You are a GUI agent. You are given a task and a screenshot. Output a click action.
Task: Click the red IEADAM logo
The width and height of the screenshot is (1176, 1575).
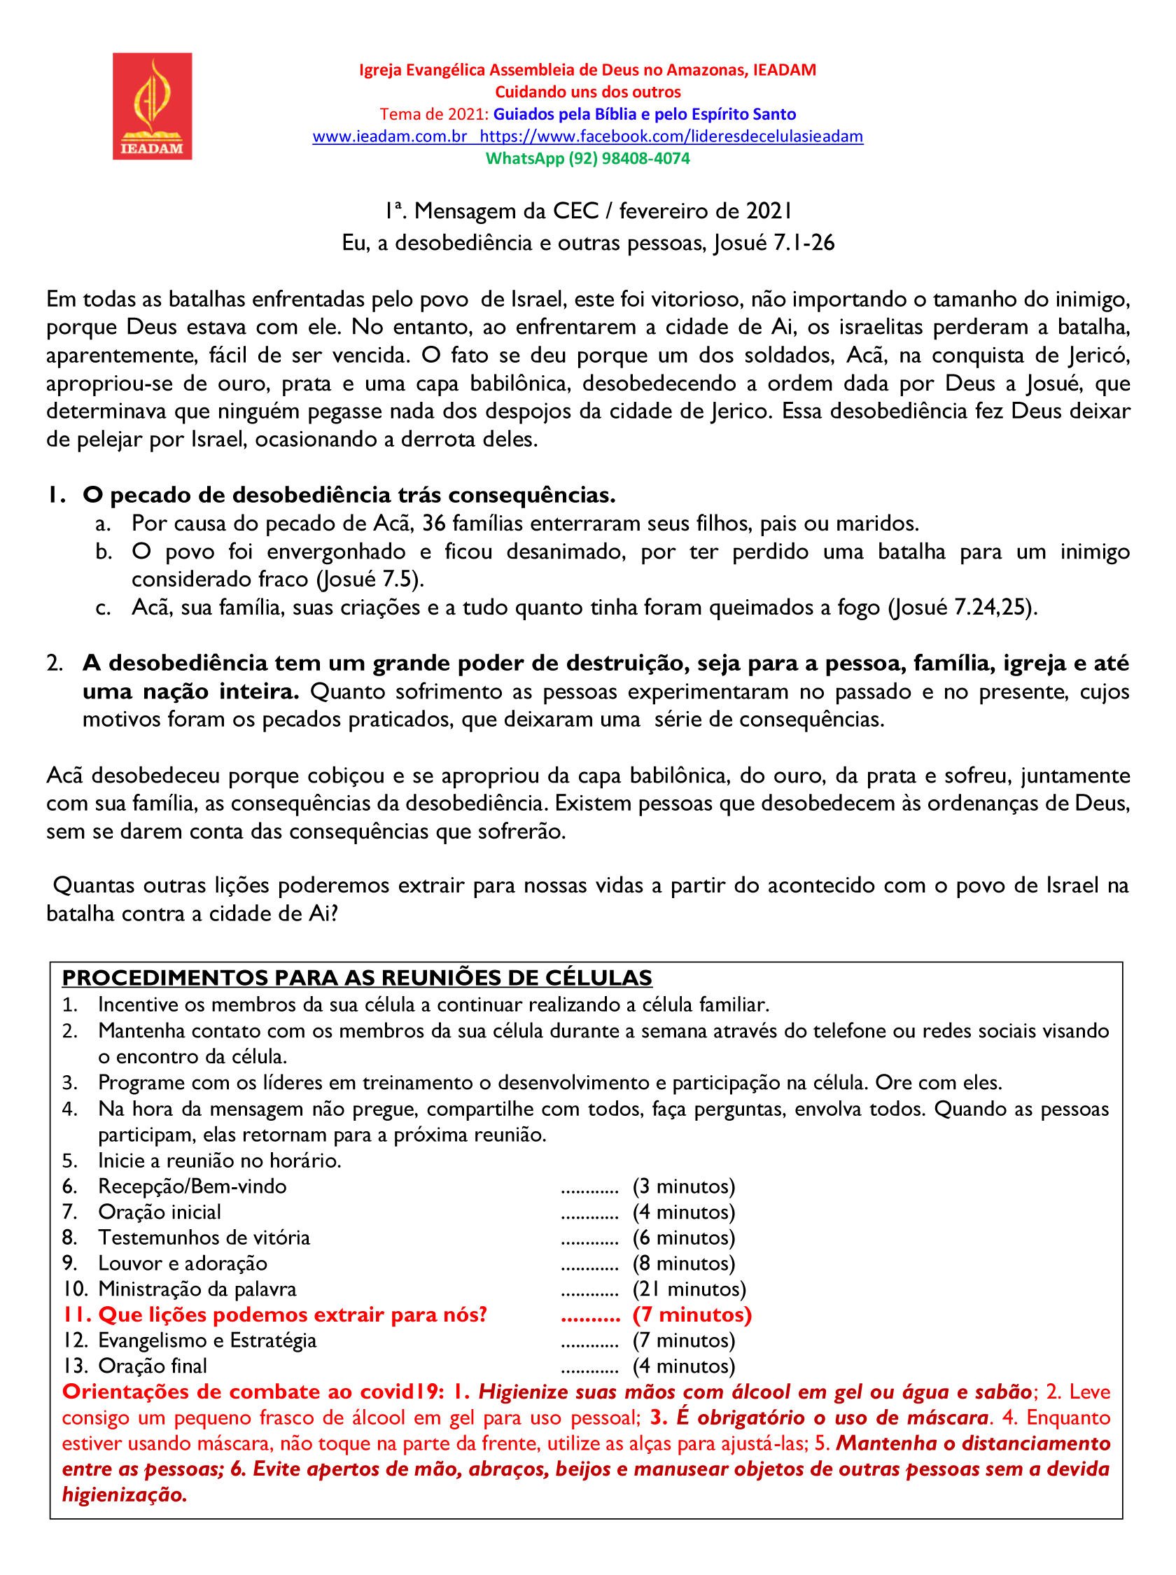(x=152, y=106)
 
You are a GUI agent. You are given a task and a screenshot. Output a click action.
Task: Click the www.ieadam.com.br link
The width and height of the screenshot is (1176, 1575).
(x=389, y=136)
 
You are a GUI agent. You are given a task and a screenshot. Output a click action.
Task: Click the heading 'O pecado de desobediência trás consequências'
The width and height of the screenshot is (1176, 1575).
(x=349, y=495)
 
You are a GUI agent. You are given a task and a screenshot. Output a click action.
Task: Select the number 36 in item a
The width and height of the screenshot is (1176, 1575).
(x=434, y=523)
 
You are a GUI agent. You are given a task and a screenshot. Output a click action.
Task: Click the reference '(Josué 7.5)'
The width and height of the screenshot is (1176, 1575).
(x=370, y=580)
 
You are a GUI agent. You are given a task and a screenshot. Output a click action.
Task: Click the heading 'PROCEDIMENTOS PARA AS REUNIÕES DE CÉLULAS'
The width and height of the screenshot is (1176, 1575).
(x=356, y=978)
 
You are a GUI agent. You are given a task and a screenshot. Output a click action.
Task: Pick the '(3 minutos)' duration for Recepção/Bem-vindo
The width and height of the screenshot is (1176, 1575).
(x=683, y=1186)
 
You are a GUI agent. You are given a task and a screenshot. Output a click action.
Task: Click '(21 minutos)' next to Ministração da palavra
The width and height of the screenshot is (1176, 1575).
(x=689, y=1289)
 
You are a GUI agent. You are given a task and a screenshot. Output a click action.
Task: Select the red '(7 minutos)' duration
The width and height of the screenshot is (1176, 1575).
(x=692, y=1315)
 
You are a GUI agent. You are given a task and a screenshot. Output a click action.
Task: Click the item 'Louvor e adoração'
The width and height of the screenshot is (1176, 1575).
(x=183, y=1263)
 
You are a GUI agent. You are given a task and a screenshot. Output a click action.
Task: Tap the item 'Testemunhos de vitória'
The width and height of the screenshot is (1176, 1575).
(x=204, y=1238)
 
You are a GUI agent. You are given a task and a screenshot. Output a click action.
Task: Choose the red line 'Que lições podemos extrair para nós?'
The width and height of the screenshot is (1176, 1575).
(x=292, y=1315)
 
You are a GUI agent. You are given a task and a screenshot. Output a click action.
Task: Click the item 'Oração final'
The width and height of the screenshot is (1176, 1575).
(x=153, y=1366)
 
